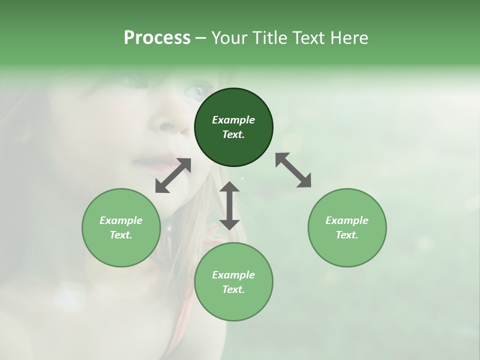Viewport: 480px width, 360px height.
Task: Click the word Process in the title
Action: (x=157, y=38)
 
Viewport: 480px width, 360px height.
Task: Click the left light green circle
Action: (x=121, y=227)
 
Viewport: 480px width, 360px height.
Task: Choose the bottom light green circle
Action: (x=233, y=281)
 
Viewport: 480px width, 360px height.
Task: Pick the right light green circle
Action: (x=347, y=227)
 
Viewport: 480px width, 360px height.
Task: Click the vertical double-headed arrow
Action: (x=229, y=205)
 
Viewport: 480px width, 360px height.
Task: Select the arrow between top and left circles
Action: (x=173, y=175)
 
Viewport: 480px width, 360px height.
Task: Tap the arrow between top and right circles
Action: (x=293, y=170)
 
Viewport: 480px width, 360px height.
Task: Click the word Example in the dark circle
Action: (x=233, y=120)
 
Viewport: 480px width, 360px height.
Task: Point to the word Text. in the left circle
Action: (x=121, y=235)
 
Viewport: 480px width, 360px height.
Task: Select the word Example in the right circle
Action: (x=347, y=220)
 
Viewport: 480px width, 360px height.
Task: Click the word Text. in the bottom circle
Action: (x=233, y=289)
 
